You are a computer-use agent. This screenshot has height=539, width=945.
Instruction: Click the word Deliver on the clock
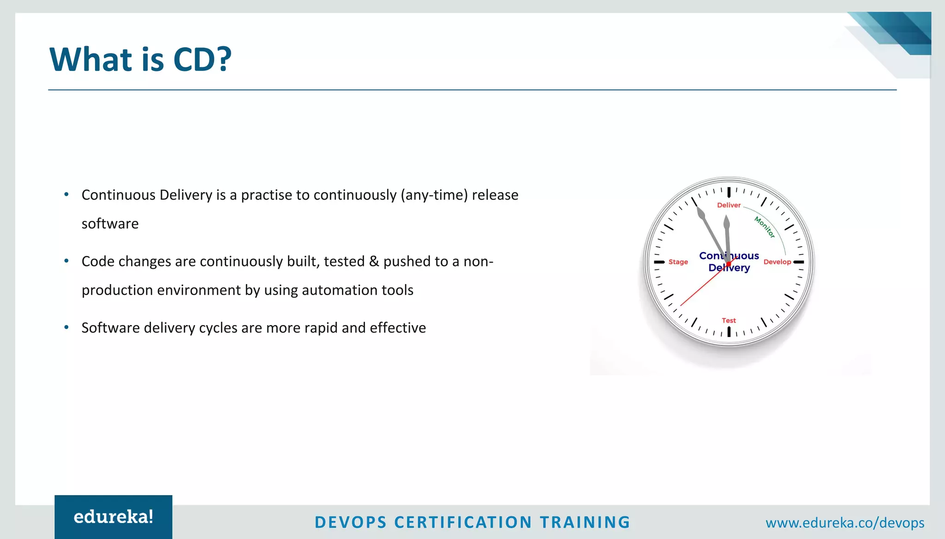click(729, 205)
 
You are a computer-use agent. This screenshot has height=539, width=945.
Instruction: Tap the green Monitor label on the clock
click(765, 227)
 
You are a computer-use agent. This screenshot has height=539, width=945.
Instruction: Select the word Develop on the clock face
click(777, 262)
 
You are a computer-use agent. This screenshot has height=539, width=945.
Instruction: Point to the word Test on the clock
click(729, 320)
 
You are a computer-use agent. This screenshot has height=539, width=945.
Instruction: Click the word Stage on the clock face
click(678, 262)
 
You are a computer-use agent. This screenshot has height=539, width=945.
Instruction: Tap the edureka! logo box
click(114, 517)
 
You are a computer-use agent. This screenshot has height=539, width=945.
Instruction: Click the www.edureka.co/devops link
click(844, 523)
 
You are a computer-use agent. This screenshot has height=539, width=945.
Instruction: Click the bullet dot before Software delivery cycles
click(66, 327)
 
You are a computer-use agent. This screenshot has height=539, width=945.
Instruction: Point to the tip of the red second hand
click(681, 306)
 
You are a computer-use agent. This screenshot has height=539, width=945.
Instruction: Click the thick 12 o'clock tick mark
click(729, 192)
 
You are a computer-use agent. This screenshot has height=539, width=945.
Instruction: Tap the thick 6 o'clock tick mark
click(729, 332)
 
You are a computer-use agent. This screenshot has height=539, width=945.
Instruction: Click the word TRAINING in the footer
click(585, 522)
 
